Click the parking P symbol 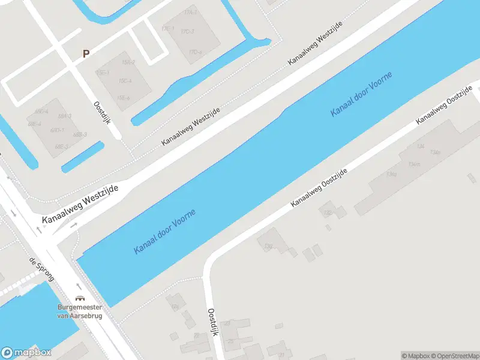click(86, 53)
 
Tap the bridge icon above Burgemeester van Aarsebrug click(79, 298)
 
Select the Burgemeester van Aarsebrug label click(79, 313)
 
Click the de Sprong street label click(41, 270)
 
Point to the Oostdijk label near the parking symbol click(100, 113)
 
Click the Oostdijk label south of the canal click(212, 322)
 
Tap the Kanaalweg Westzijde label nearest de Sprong click(80, 205)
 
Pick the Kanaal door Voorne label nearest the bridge click(165, 232)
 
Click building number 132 click(328, 212)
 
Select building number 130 click(268, 247)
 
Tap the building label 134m click(413, 164)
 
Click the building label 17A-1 click(190, 12)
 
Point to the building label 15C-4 click(125, 80)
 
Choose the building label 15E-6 click(123, 98)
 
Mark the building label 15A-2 click(128, 62)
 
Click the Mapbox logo click(26, 353)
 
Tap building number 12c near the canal click(175, 306)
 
